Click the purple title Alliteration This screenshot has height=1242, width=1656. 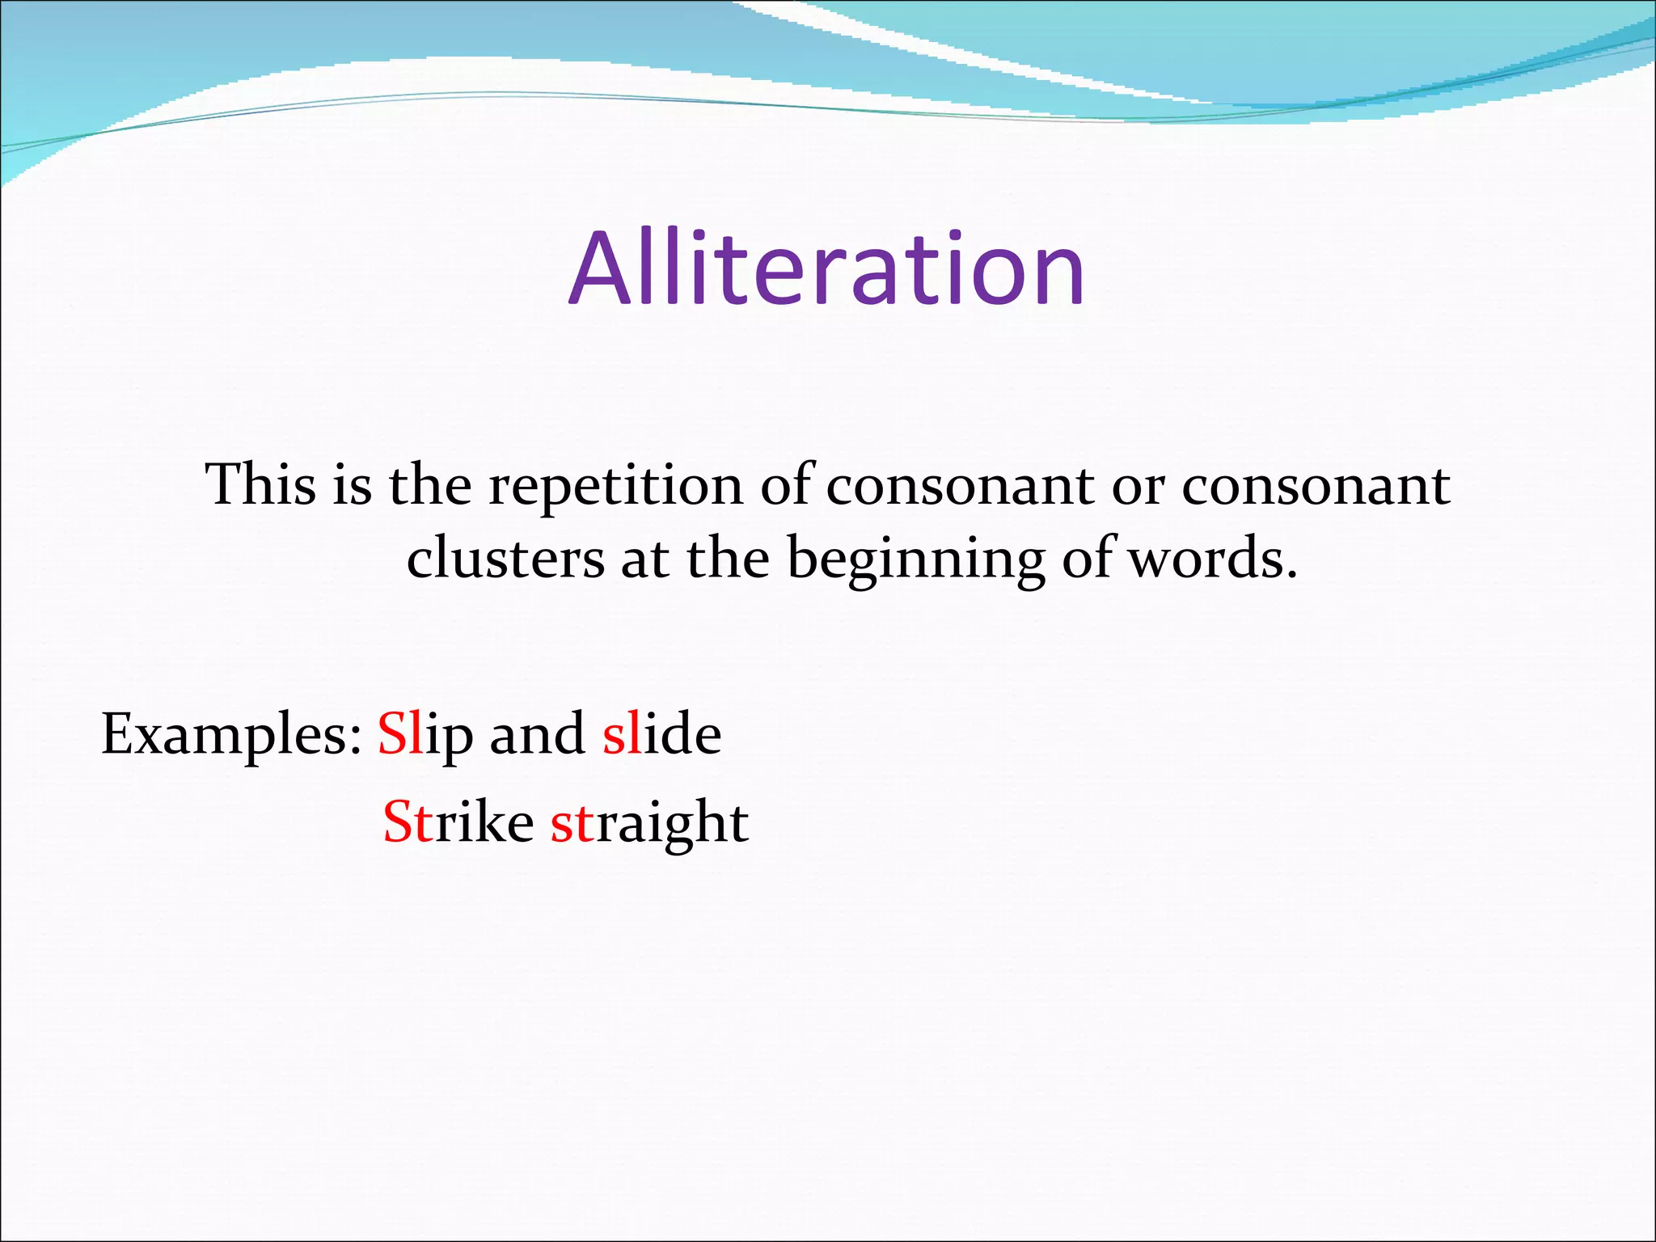click(826, 268)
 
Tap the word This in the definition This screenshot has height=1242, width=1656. click(260, 485)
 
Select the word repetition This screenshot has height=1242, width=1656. click(615, 487)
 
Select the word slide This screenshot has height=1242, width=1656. click(661, 734)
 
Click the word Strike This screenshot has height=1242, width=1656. click(458, 822)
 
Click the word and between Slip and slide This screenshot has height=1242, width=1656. click(537, 734)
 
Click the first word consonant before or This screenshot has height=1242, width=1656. click(960, 487)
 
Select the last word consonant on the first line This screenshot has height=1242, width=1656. click(1316, 487)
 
